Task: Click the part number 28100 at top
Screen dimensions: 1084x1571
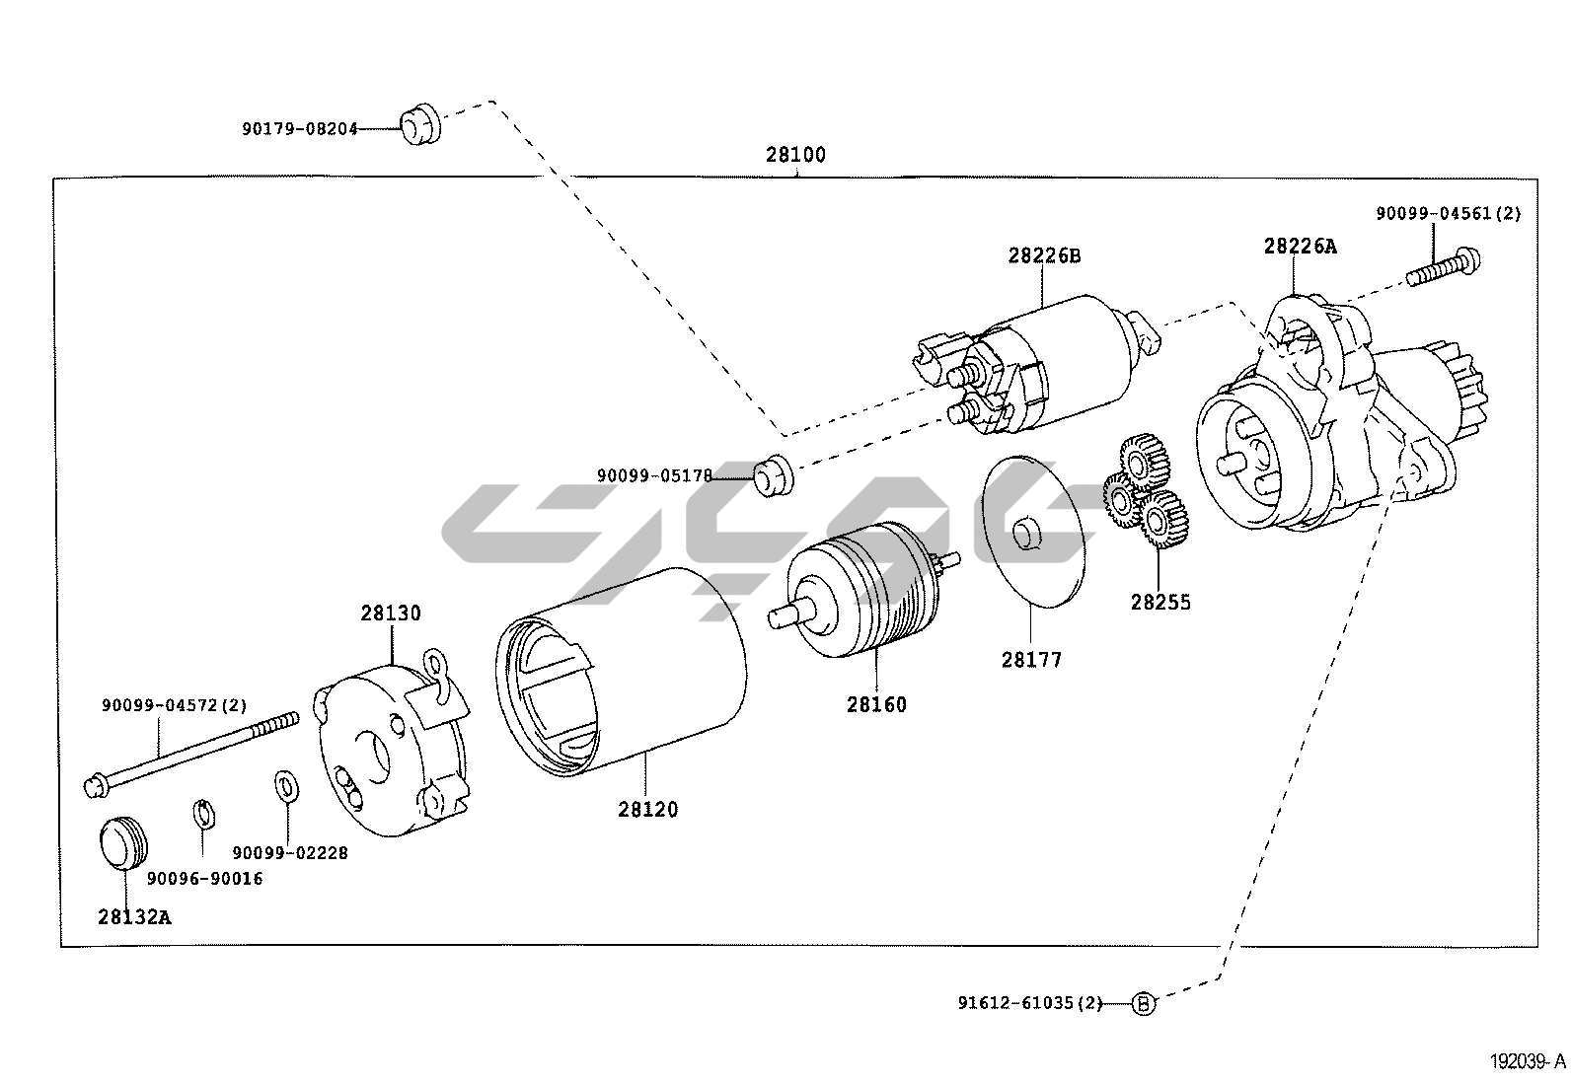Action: click(795, 155)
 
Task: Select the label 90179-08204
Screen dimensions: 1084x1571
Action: click(299, 128)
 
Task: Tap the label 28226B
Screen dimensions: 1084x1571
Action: click(1044, 255)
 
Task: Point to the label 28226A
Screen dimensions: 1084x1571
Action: click(1300, 246)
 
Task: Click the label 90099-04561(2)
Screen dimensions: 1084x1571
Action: click(1449, 213)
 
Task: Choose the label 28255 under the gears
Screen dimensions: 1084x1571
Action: click(1160, 602)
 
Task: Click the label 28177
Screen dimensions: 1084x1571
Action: click(1031, 660)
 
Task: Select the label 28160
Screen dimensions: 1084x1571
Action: click(875, 704)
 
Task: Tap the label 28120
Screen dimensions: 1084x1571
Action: click(648, 809)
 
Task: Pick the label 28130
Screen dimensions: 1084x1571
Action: click(390, 613)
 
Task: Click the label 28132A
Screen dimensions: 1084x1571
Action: click(134, 916)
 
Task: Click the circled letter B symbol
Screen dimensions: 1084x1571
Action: click(1143, 1004)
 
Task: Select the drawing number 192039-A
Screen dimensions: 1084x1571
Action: click(1528, 1062)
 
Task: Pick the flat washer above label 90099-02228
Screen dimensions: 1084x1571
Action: click(285, 786)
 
